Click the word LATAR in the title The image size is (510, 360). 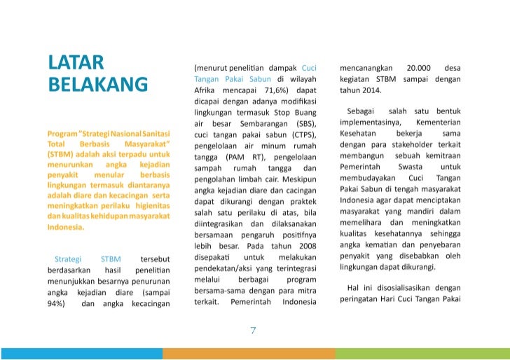[76, 63]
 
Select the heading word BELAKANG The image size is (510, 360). [97, 85]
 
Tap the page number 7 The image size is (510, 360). [254, 330]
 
